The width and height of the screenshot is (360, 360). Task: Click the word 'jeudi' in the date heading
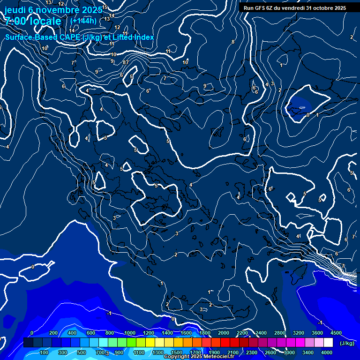pyautogui.click(x=15, y=10)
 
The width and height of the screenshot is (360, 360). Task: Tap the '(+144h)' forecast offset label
pyautogui.click(x=83, y=21)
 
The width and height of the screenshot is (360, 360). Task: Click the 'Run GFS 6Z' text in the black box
pyautogui.click(x=261, y=8)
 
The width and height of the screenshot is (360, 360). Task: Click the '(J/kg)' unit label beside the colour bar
pyautogui.click(x=347, y=344)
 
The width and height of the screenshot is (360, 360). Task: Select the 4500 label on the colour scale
pyautogui.click(x=336, y=333)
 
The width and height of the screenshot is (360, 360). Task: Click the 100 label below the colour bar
pyautogui.click(x=44, y=352)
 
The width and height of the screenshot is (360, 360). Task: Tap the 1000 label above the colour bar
pyautogui.click(x=129, y=333)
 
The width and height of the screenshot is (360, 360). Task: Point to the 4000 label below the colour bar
pyautogui.click(x=327, y=352)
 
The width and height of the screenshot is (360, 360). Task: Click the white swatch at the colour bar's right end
pyautogui.click(x=341, y=343)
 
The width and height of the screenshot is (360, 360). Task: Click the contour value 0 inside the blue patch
pyautogui.click(x=307, y=114)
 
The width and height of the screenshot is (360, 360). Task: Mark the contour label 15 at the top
pyautogui.click(x=105, y=7)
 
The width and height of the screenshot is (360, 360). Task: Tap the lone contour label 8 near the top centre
pyautogui.click(x=232, y=42)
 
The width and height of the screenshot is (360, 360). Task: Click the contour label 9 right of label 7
pyautogui.click(x=204, y=86)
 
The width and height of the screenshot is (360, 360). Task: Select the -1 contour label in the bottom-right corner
pyautogui.click(x=320, y=322)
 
